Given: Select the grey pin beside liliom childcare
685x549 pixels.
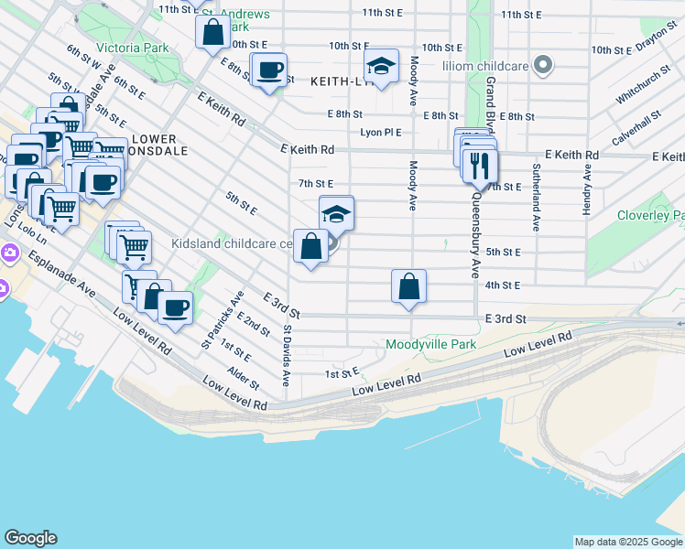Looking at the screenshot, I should [544, 65].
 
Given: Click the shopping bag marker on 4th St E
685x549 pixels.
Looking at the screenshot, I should [408, 286].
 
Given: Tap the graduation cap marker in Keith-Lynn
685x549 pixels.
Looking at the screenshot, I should [381, 67].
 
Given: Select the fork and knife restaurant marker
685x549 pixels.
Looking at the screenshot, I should [480, 166].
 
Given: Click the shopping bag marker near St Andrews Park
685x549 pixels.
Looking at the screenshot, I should [212, 33].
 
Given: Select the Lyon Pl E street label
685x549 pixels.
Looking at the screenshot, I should [381, 133].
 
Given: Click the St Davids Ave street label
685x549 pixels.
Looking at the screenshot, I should [287, 351].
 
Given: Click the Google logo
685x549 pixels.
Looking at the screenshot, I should [30, 538].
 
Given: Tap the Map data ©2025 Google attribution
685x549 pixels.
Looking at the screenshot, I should [627, 542].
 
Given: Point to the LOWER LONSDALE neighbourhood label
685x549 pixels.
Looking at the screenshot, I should [145, 146].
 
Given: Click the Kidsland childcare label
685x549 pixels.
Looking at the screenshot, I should [231, 244].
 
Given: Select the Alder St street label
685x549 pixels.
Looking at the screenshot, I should [244, 378].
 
